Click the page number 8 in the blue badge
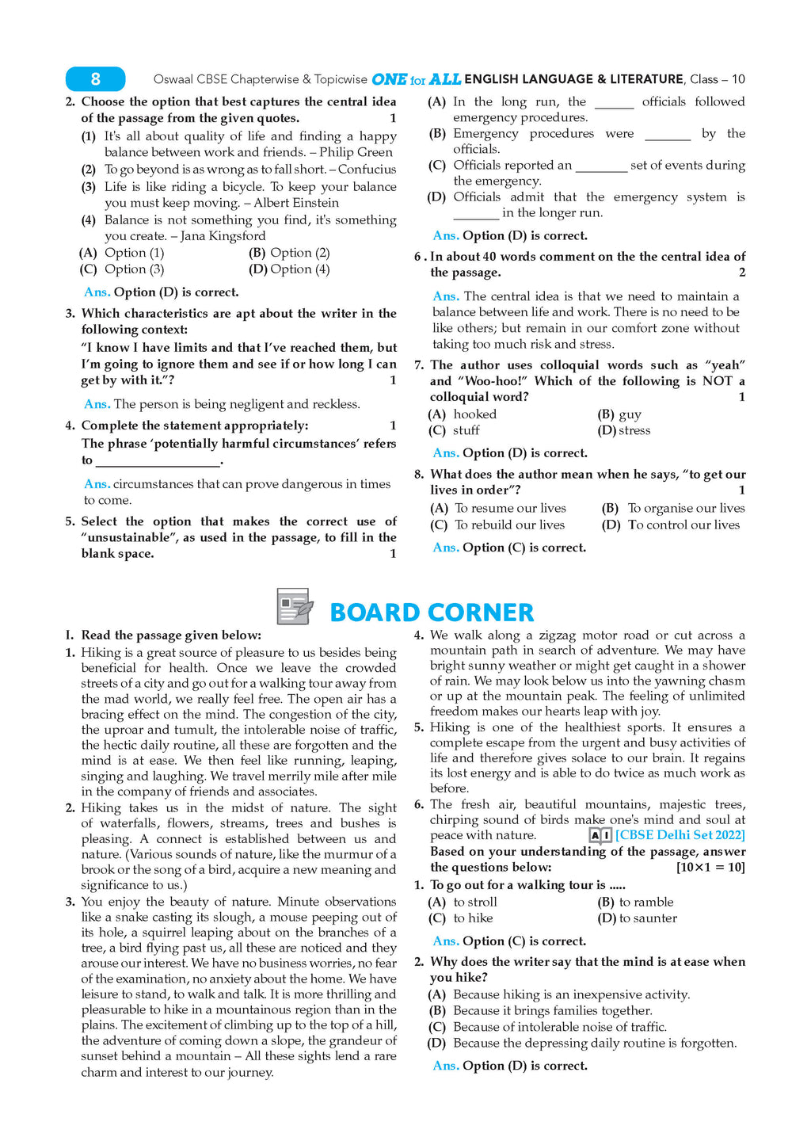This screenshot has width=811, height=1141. tap(95, 79)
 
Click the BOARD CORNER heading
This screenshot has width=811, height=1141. tap(432, 612)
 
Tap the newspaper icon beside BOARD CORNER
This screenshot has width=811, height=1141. tap(295, 608)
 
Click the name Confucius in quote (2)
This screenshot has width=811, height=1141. tap(367, 169)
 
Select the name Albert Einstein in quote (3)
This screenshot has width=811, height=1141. tap(295, 203)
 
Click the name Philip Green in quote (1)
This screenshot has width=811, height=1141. tap(356, 152)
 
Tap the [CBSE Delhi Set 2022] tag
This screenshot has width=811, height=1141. tap(680, 835)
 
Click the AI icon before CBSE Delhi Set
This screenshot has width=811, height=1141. tap(600, 835)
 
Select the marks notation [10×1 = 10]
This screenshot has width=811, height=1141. tap(710, 868)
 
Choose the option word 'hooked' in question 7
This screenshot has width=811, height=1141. tap(475, 414)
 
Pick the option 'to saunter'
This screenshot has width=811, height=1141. tap(648, 918)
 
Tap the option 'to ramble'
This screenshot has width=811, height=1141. tap(646, 902)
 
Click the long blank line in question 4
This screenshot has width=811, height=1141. tap(158, 462)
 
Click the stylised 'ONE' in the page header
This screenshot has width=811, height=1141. tap(389, 79)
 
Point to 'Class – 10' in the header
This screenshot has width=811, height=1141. tap(717, 79)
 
